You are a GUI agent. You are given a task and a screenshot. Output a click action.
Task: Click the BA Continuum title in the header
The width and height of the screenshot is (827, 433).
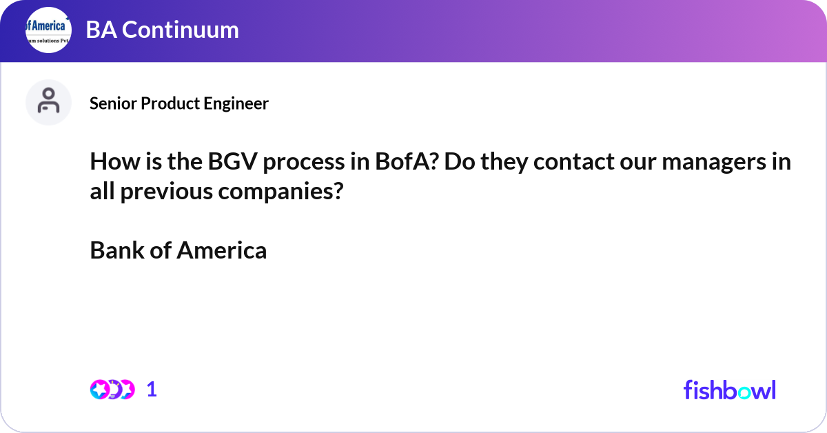(163, 30)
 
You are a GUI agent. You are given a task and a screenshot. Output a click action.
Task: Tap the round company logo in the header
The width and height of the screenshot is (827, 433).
(49, 30)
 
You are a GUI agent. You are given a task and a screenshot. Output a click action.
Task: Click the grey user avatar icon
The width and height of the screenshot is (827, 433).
(48, 102)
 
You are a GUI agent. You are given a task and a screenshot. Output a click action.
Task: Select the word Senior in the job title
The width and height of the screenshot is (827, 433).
(113, 103)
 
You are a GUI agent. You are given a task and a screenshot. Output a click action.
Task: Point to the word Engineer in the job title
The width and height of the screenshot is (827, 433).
(238, 103)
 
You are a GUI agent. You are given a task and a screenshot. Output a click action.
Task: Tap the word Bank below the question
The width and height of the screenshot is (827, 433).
(116, 250)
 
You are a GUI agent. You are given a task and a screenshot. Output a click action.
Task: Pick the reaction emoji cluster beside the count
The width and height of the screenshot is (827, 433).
(112, 390)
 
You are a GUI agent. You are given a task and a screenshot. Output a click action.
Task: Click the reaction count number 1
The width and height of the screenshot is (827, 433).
(152, 390)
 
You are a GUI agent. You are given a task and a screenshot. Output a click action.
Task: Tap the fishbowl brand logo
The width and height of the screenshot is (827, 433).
(729, 390)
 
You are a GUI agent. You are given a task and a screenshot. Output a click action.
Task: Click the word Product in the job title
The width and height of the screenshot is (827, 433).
(172, 103)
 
